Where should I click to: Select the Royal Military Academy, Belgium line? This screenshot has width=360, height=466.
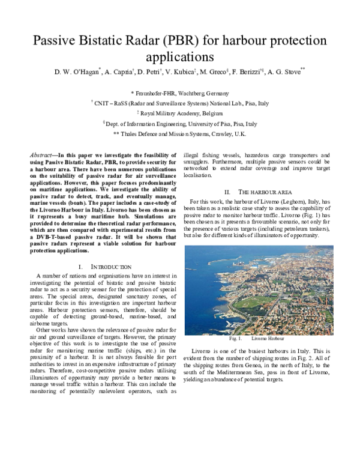tap(180, 113)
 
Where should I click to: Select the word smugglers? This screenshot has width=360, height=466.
tap(199, 162)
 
